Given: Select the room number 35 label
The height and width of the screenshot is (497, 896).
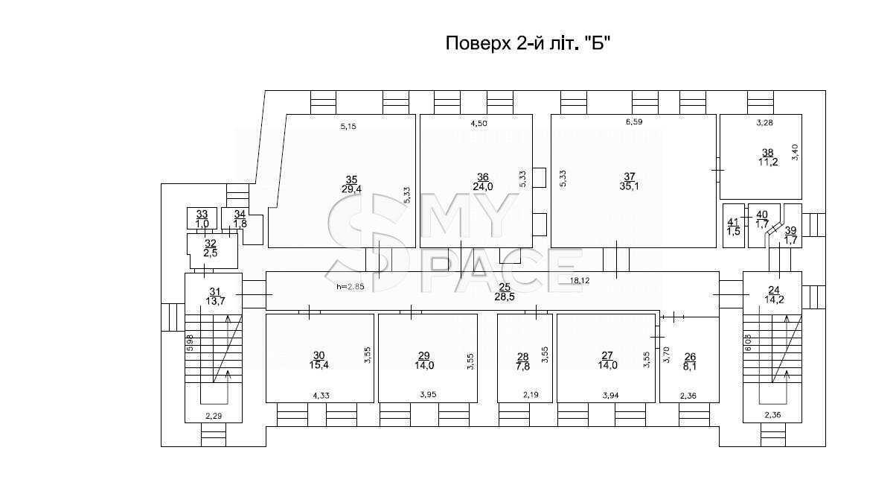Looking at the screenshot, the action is pyautogui.click(x=351, y=180).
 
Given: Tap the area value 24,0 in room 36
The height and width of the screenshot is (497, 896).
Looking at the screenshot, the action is pyautogui.click(x=483, y=186).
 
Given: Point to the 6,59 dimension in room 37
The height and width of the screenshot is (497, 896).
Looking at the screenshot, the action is pyautogui.click(x=634, y=121).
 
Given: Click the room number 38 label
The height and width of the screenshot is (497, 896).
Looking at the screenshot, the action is pyautogui.click(x=767, y=153).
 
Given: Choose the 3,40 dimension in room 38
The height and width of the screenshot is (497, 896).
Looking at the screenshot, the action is pyautogui.click(x=796, y=152).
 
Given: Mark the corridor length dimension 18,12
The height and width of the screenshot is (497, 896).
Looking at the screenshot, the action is pyautogui.click(x=580, y=281).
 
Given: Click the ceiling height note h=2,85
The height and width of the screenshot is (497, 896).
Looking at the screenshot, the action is pyautogui.click(x=351, y=287).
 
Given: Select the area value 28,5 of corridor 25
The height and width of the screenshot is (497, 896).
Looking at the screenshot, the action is pyautogui.click(x=505, y=297).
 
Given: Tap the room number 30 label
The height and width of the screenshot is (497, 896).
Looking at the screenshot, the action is pyautogui.click(x=319, y=355).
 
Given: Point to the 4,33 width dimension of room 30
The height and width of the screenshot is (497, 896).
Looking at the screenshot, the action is pyautogui.click(x=321, y=396).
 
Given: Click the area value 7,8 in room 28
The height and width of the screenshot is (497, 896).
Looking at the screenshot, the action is pyautogui.click(x=523, y=367).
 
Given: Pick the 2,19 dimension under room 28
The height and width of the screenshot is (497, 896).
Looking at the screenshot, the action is pyautogui.click(x=531, y=395).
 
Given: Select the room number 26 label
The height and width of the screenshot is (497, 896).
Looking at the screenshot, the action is pyautogui.click(x=690, y=357).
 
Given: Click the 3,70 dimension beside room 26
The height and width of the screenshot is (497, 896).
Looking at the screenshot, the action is pyautogui.click(x=666, y=355).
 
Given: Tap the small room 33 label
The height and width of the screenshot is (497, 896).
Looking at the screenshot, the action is pyautogui.click(x=202, y=215).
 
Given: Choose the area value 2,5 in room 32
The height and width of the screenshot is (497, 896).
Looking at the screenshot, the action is pyautogui.click(x=211, y=253).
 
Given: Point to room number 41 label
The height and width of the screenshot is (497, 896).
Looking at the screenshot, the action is pyautogui.click(x=733, y=222).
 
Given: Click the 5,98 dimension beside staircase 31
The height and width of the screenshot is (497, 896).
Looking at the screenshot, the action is pyautogui.click(x=191, y=344).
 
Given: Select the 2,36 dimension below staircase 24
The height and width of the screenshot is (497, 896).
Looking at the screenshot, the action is pyautogui.click(x=772, y=415).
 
